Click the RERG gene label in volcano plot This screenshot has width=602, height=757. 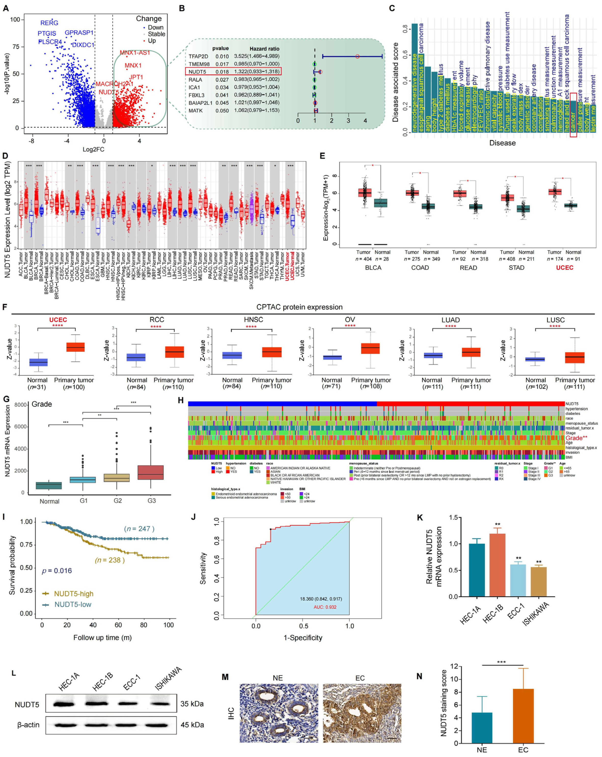coord(49,23)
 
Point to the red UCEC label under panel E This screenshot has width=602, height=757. coord(564,268)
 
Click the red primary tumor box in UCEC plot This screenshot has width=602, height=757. coord(76,347)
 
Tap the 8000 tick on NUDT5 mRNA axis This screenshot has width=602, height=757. coord(20,405)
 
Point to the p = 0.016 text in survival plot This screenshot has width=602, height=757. coord(57,571)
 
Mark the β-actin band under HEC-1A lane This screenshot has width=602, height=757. coord(65,725)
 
